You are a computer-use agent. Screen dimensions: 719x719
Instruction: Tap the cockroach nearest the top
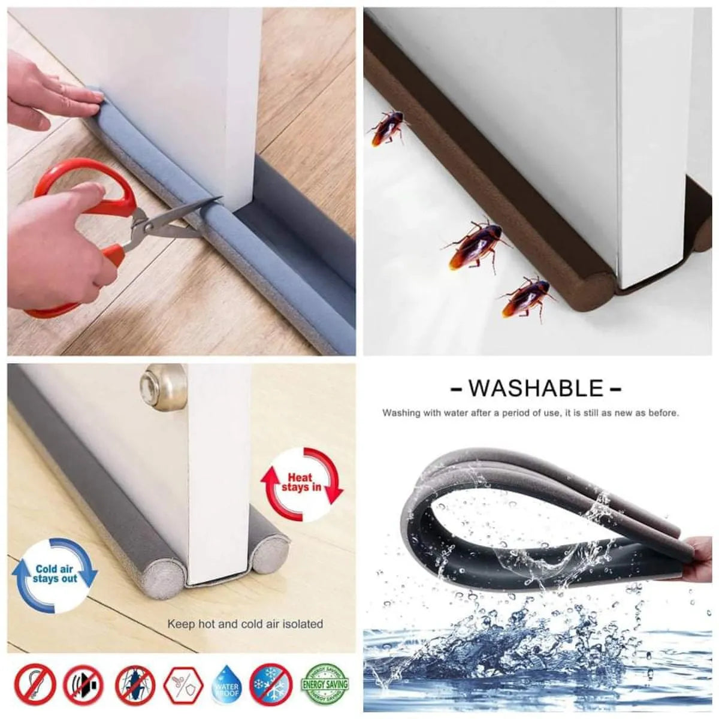[x=386, y=129]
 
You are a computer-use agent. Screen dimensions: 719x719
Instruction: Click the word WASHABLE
[x=536, y=388]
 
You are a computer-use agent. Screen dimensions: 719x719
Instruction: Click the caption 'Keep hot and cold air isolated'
[x=245, y=624]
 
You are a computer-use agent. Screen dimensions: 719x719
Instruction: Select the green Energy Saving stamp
[x=327, y=684]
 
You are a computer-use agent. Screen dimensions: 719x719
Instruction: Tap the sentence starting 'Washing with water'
[x=530, y=413]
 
